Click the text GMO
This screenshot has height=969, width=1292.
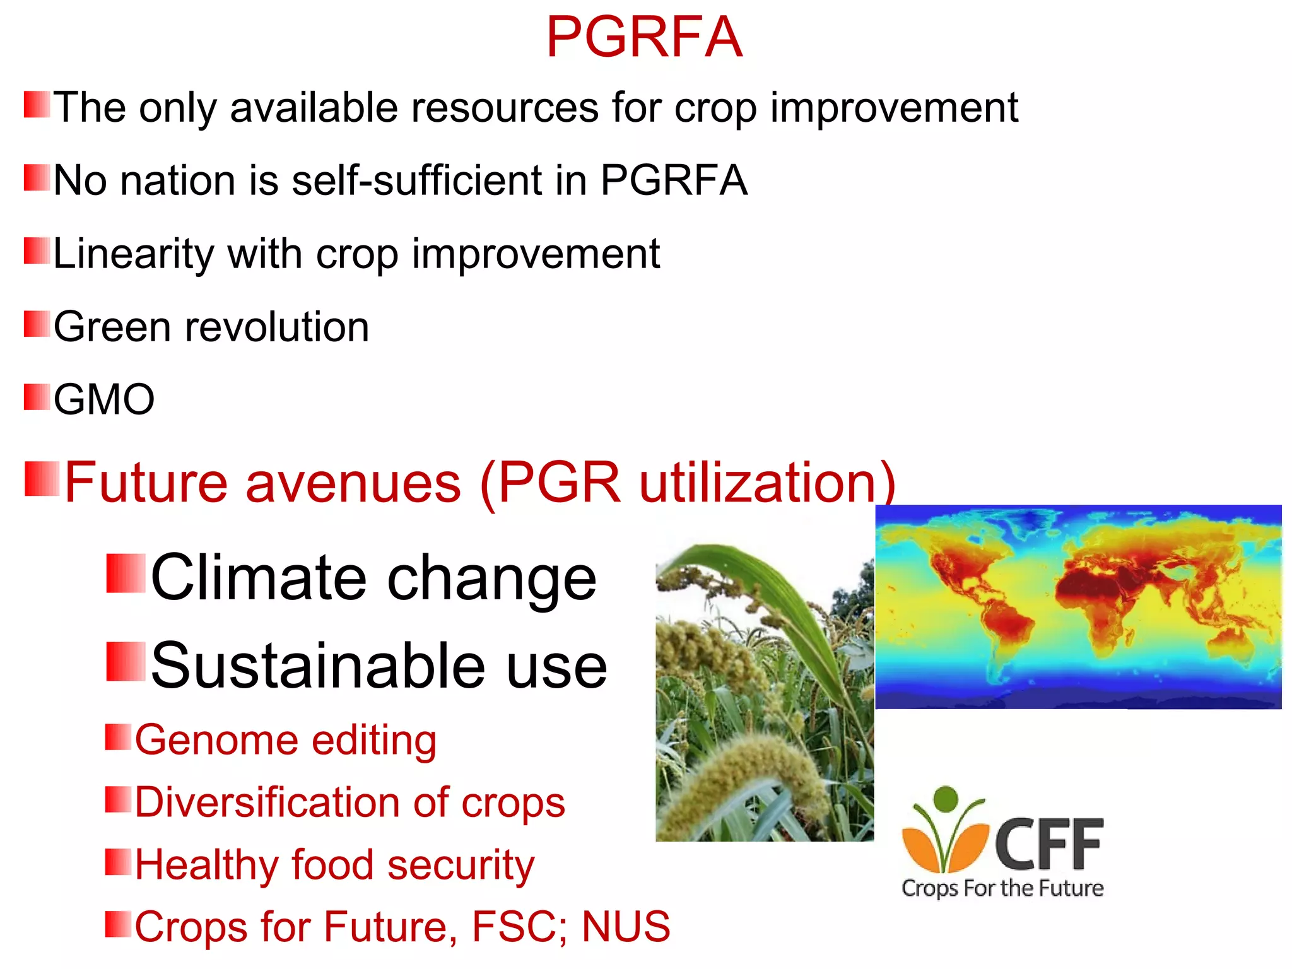(x=104, y=399)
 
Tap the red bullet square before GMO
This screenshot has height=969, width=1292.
(x=37, y=397)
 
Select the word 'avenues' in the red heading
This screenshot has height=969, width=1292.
(x=353, y=483)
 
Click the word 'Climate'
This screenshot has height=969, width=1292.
(x=259, y=577)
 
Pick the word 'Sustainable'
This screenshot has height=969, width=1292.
(x=315, y=666)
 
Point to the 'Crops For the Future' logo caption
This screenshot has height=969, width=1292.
(x=1002, y=888)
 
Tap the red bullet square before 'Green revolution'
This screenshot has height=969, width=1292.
(x=37, y=324)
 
